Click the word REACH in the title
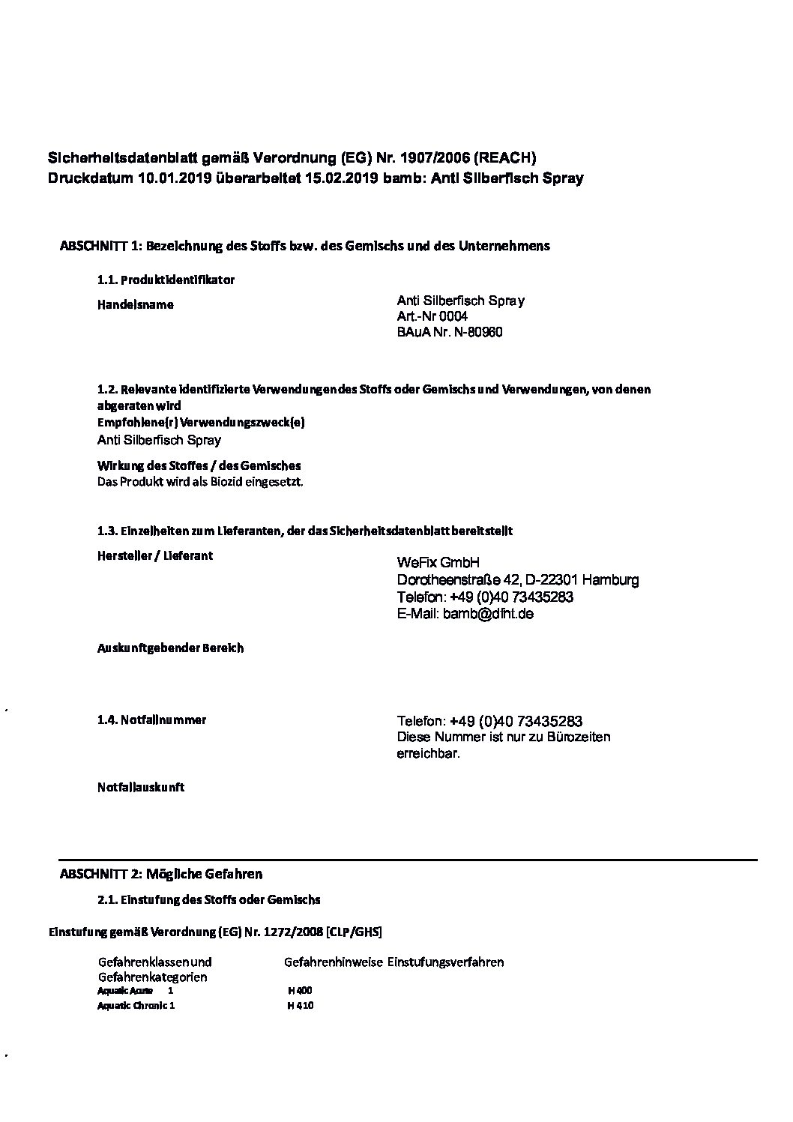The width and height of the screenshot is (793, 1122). [x=506, y=157]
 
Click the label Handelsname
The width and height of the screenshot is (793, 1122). [x=136, y=305]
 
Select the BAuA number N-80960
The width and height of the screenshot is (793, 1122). [x=477, y=332]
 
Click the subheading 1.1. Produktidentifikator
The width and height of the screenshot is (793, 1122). [x=166, y=280]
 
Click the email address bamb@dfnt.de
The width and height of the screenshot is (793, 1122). [x=488, y=614]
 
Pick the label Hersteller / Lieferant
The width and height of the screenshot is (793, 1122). [x=155, y=556]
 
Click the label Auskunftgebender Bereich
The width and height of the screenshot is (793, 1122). [x=170, y=648]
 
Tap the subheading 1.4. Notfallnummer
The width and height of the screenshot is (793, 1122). [x=151, y=720]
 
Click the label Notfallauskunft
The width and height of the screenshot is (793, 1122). [x=141, y=787]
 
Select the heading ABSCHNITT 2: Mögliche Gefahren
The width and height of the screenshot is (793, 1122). [x=161, y=874]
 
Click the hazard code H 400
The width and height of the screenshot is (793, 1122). [x=300, y=991]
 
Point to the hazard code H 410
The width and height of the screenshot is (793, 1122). [x=300, y=1006]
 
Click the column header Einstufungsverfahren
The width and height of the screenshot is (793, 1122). [x=445, y=962]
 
